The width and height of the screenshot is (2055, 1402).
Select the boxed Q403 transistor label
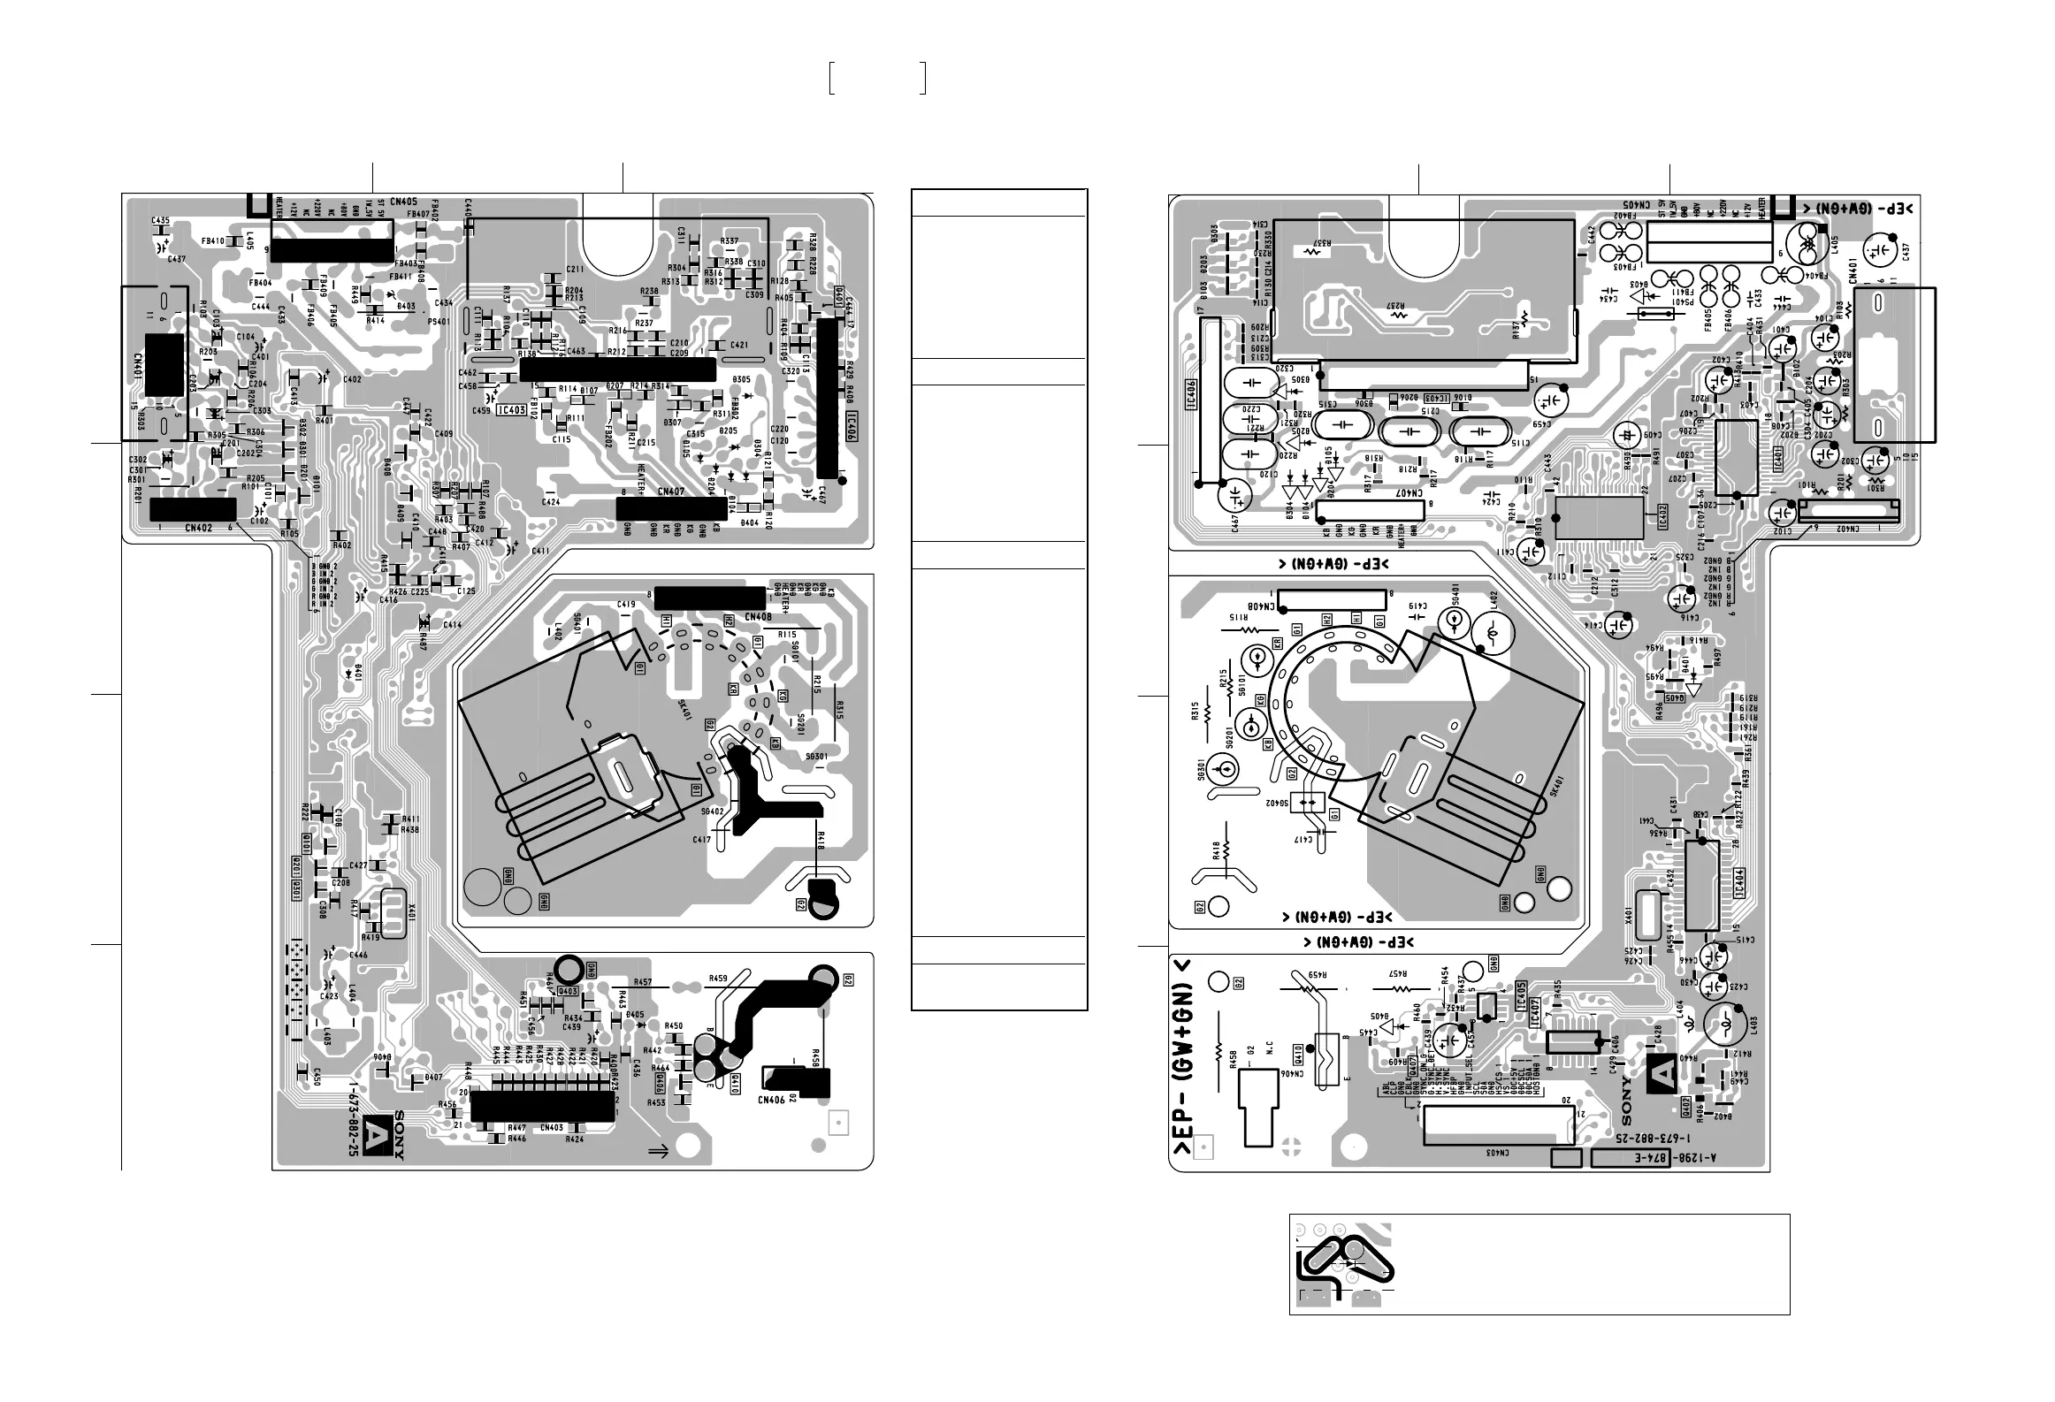click(x=568, y=992)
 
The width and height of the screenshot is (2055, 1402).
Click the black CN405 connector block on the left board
click(x=332, y=250)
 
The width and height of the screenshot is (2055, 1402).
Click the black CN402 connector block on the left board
click(x=194, y=509)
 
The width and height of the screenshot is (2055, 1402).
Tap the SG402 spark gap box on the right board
click(x=1305, y=803)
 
